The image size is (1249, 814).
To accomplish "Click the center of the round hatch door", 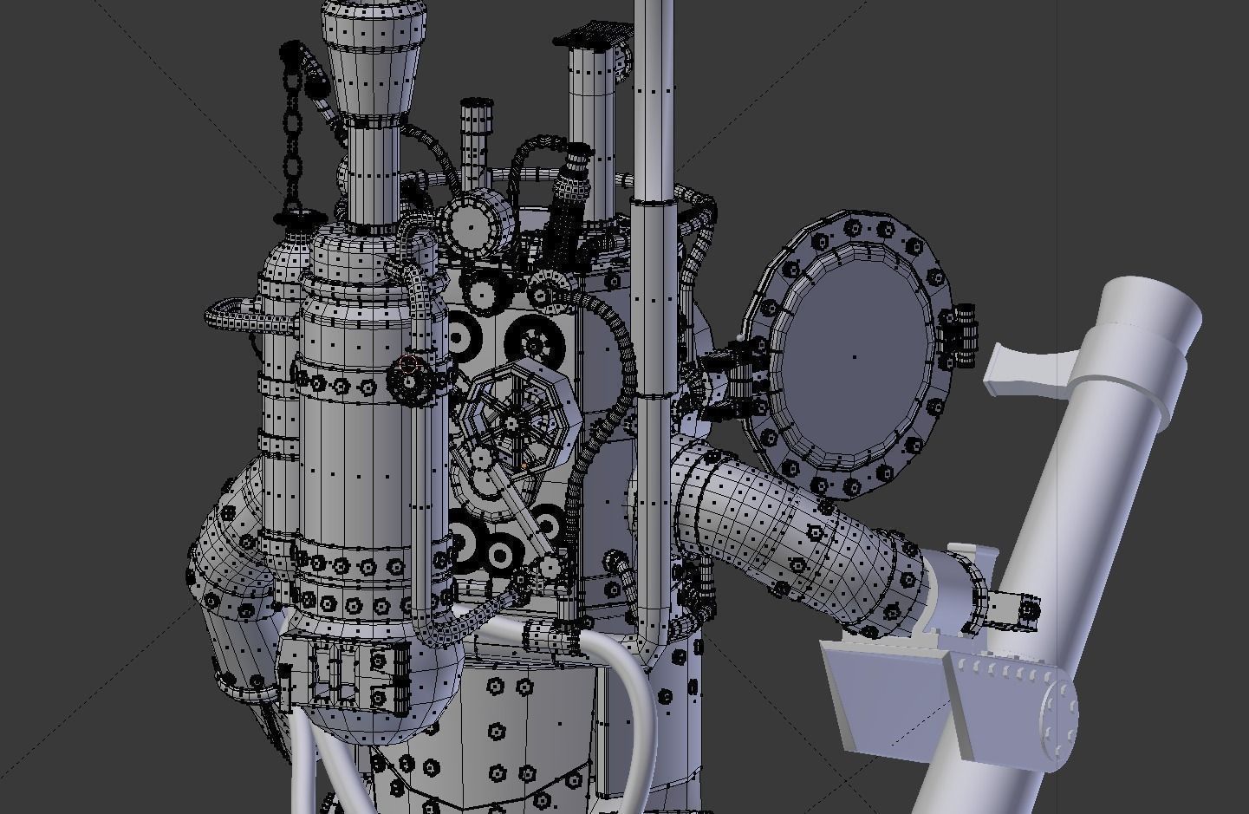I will [854, 355].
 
